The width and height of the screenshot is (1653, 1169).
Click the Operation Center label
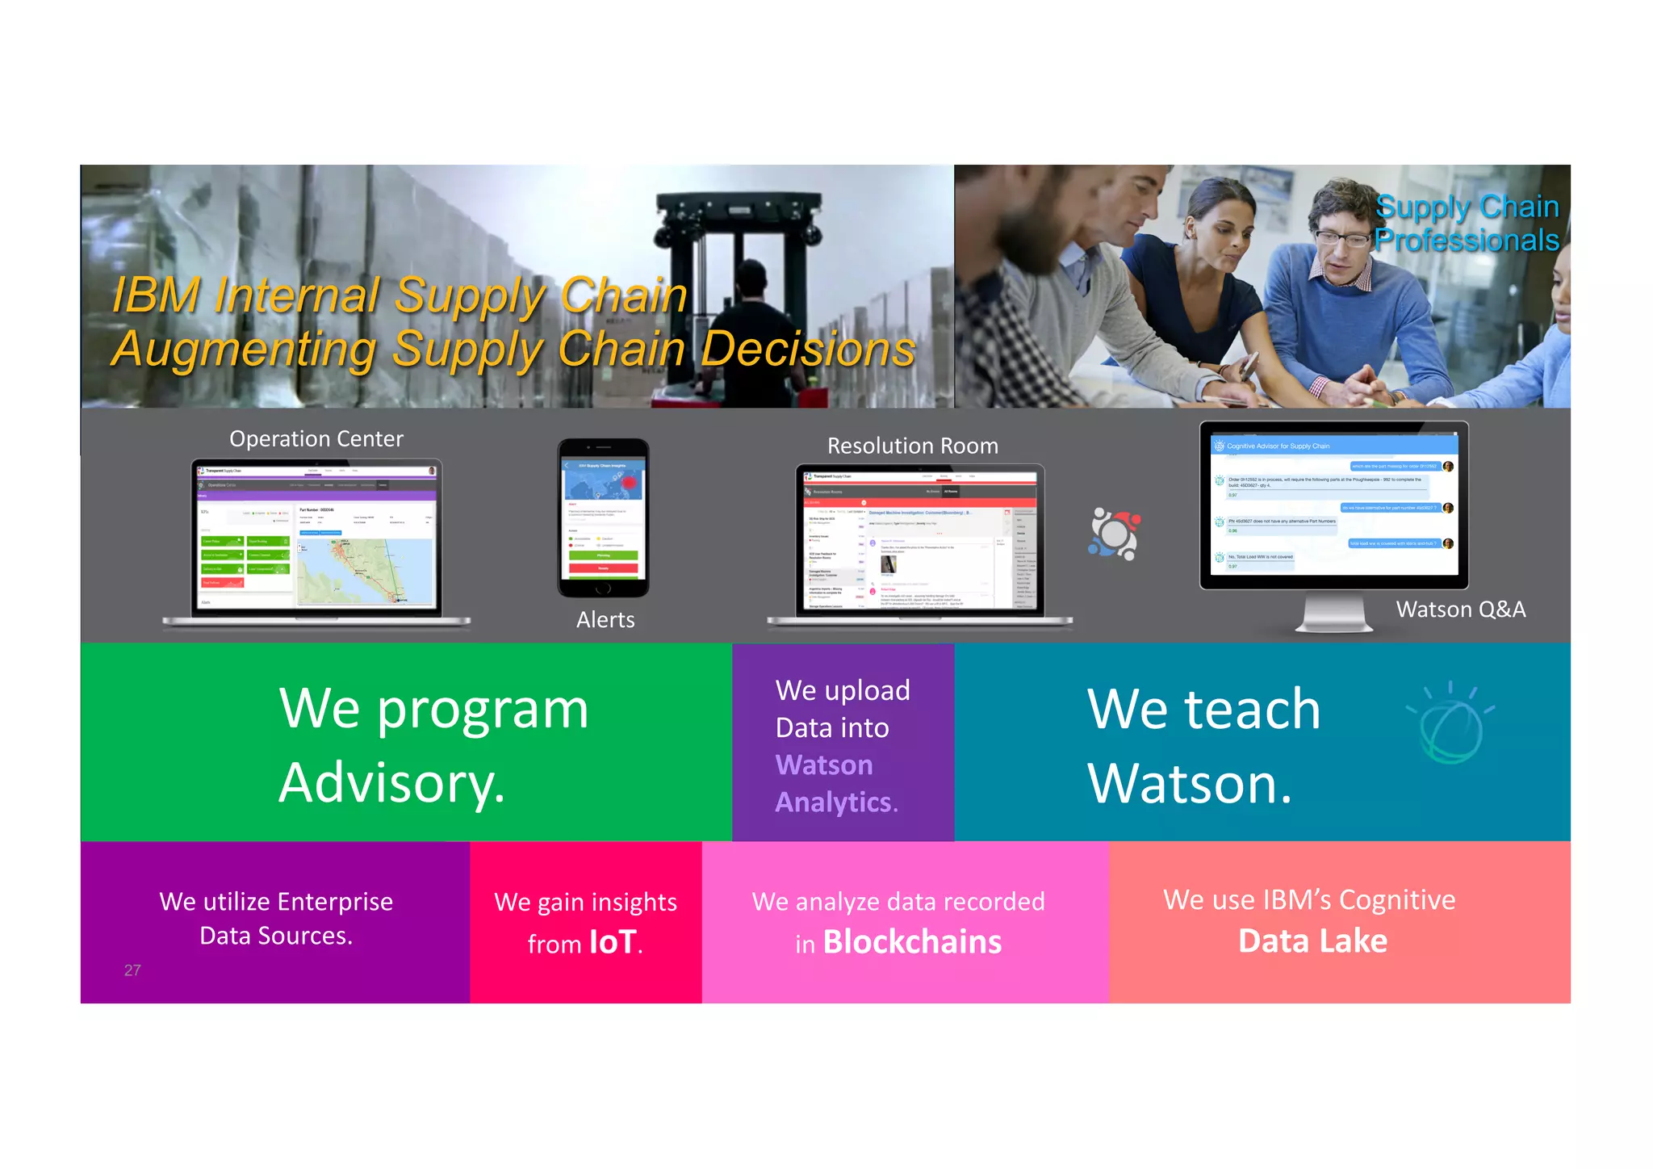(316, 438)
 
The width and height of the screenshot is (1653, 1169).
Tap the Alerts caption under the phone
(605, 619)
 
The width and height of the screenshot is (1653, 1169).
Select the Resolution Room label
(912, 446)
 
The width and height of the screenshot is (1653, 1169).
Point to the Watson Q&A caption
(1460, 610)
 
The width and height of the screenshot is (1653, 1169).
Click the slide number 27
(132, 970)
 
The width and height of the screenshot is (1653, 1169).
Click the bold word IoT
(613, 942)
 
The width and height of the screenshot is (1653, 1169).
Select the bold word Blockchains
(912, 942)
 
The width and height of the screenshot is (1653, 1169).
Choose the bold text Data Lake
(1312, 941)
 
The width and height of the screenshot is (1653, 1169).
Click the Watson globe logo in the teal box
(1450, 724)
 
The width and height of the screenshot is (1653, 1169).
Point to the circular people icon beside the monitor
(1114, 534)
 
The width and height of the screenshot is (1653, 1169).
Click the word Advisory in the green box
(391, 782)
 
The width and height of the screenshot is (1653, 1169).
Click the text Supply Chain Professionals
(1466, 224)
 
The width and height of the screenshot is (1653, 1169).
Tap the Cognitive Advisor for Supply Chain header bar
(1333, 446)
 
